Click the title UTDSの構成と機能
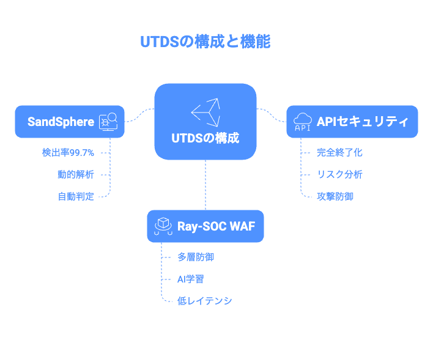coord(205,42)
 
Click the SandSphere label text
coord(61,122)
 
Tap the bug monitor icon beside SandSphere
coord(108,122)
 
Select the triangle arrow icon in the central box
coord(205,112)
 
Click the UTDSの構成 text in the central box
coord(205,138)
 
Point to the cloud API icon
coord(303,122)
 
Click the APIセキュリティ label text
coord(362,122)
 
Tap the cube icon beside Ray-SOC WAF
coord(163,226)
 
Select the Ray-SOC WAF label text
coord(216,226)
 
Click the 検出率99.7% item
coord(68,153)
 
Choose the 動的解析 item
coord(76,174)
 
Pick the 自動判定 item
coord(76,197)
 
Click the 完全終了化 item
coord(339,153)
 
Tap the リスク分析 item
coord(339,174)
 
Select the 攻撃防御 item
coord(335,197)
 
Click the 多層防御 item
coord(196,257)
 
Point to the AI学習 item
coord(191,279)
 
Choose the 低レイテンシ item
coord(205,301)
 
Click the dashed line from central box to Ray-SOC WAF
coord(205,185)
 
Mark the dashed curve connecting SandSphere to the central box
coord(139,116)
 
